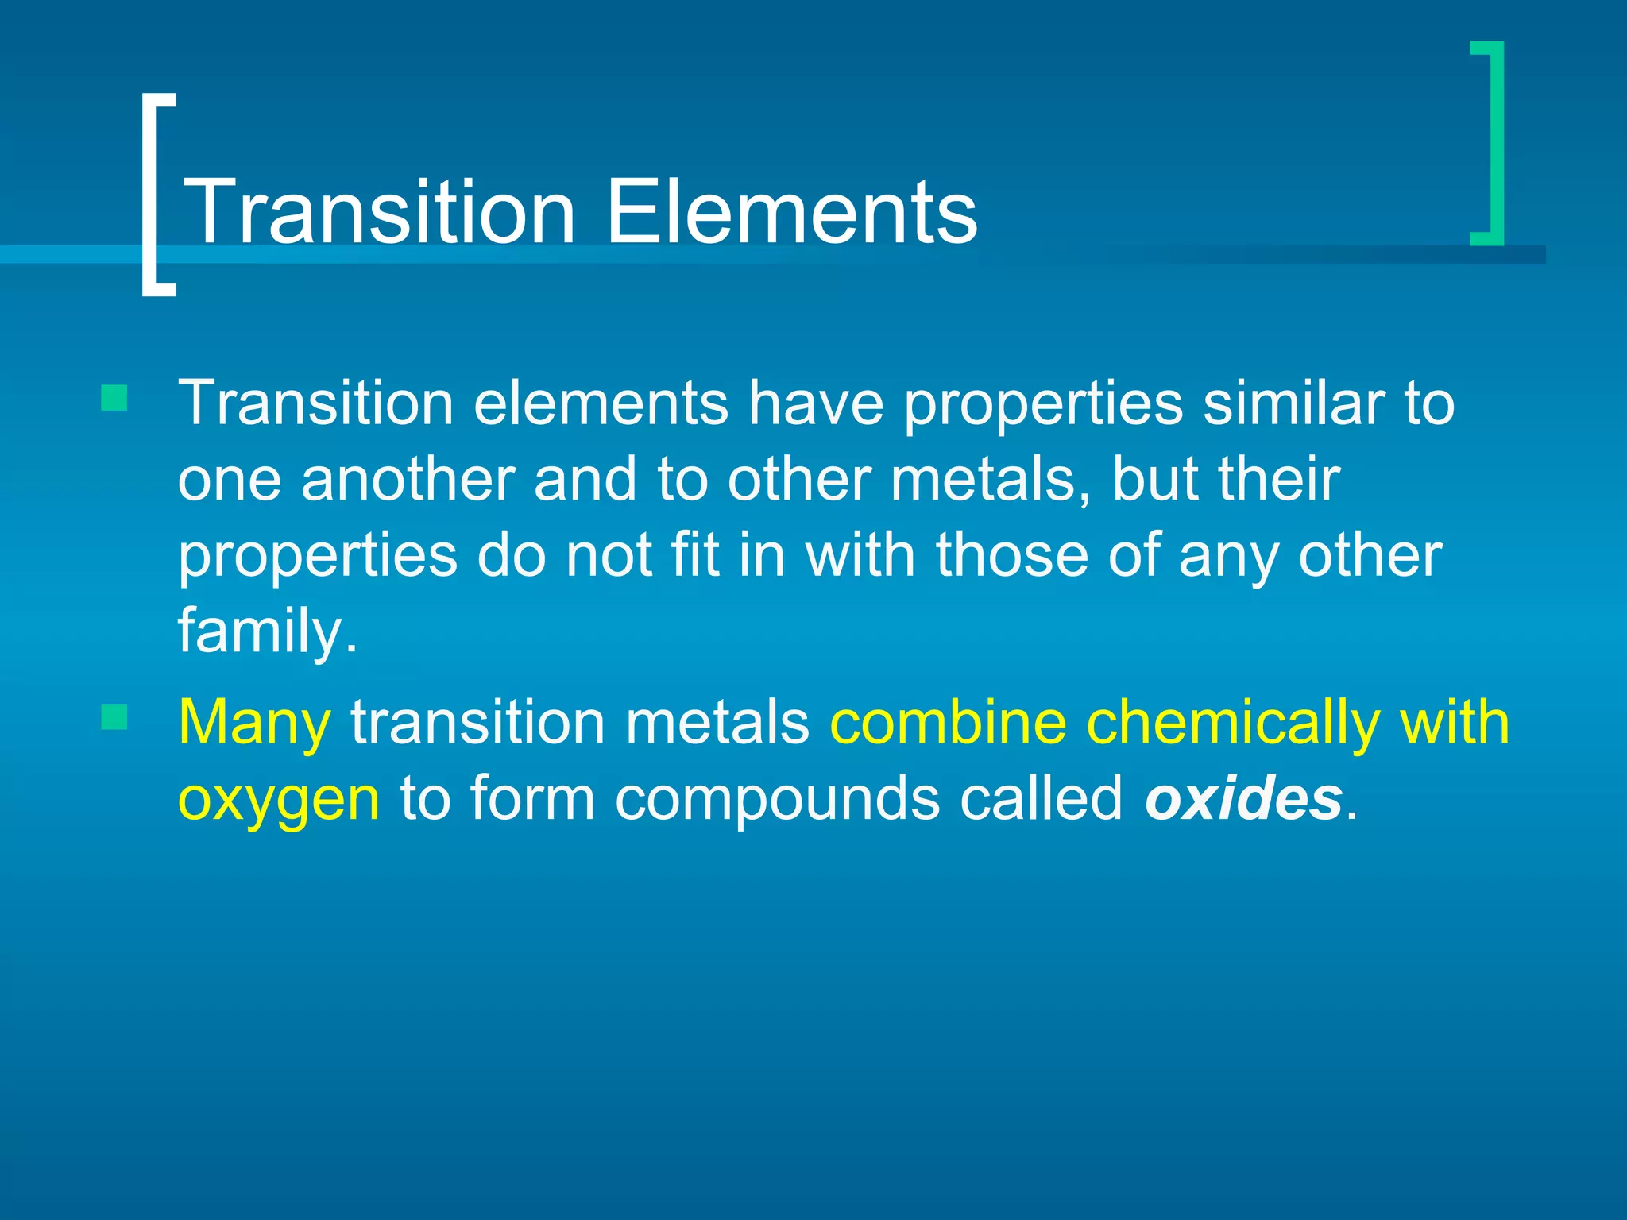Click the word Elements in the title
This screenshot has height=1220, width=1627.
coord(791,212)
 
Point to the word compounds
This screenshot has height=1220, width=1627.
coord(776,799)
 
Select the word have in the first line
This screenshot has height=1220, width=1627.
coord(816,403)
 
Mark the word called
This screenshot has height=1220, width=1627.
coord(1041,799)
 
